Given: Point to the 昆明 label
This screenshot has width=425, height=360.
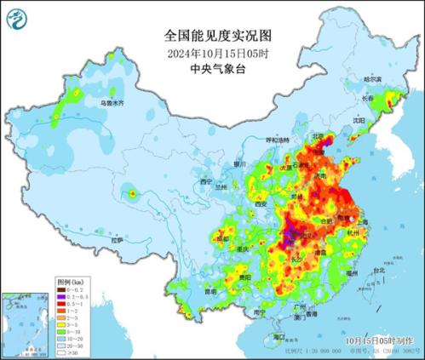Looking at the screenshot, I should click(x=209, y=291).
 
